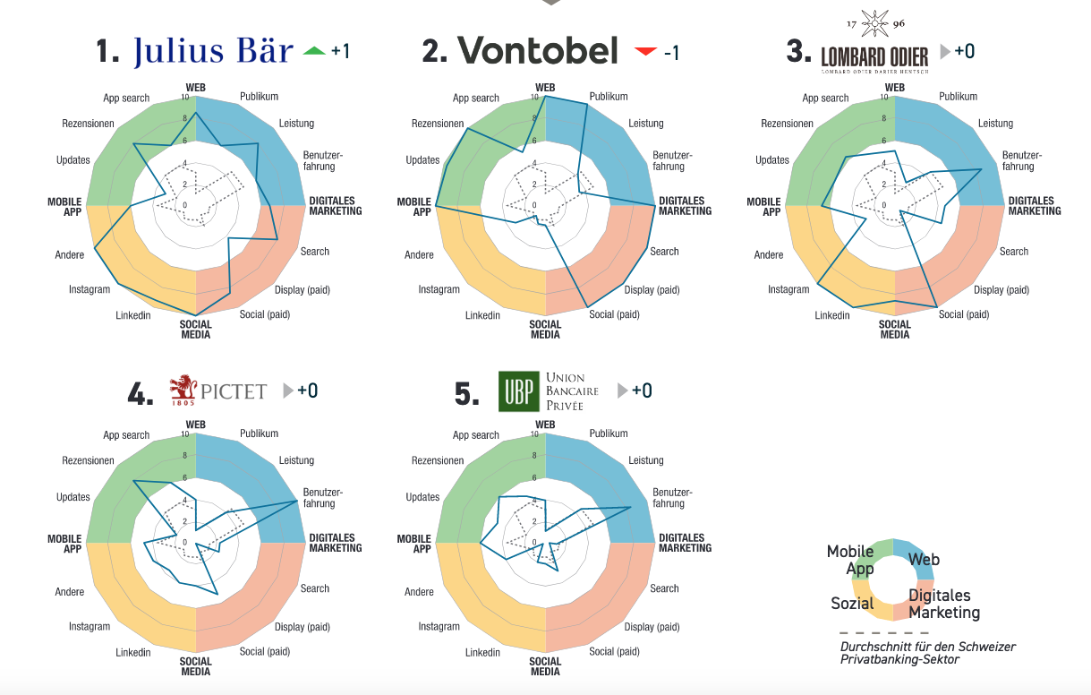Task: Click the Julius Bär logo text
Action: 213,52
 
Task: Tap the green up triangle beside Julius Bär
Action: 314,51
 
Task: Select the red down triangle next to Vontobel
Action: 645,52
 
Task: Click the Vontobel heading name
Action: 538,51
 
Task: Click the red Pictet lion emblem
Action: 183,389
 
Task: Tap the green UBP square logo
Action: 519,391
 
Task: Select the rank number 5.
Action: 467,394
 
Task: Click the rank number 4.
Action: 141,394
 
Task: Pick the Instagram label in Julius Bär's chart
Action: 89,289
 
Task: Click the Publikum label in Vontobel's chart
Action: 609,97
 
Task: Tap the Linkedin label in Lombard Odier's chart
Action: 832,315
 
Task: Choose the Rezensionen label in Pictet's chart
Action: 88,460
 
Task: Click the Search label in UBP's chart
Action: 664,588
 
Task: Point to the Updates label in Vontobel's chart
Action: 422,160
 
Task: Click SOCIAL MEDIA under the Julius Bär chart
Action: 196,330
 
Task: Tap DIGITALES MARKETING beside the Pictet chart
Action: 335,543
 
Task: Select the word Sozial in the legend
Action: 852,603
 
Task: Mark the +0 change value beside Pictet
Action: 308,390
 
